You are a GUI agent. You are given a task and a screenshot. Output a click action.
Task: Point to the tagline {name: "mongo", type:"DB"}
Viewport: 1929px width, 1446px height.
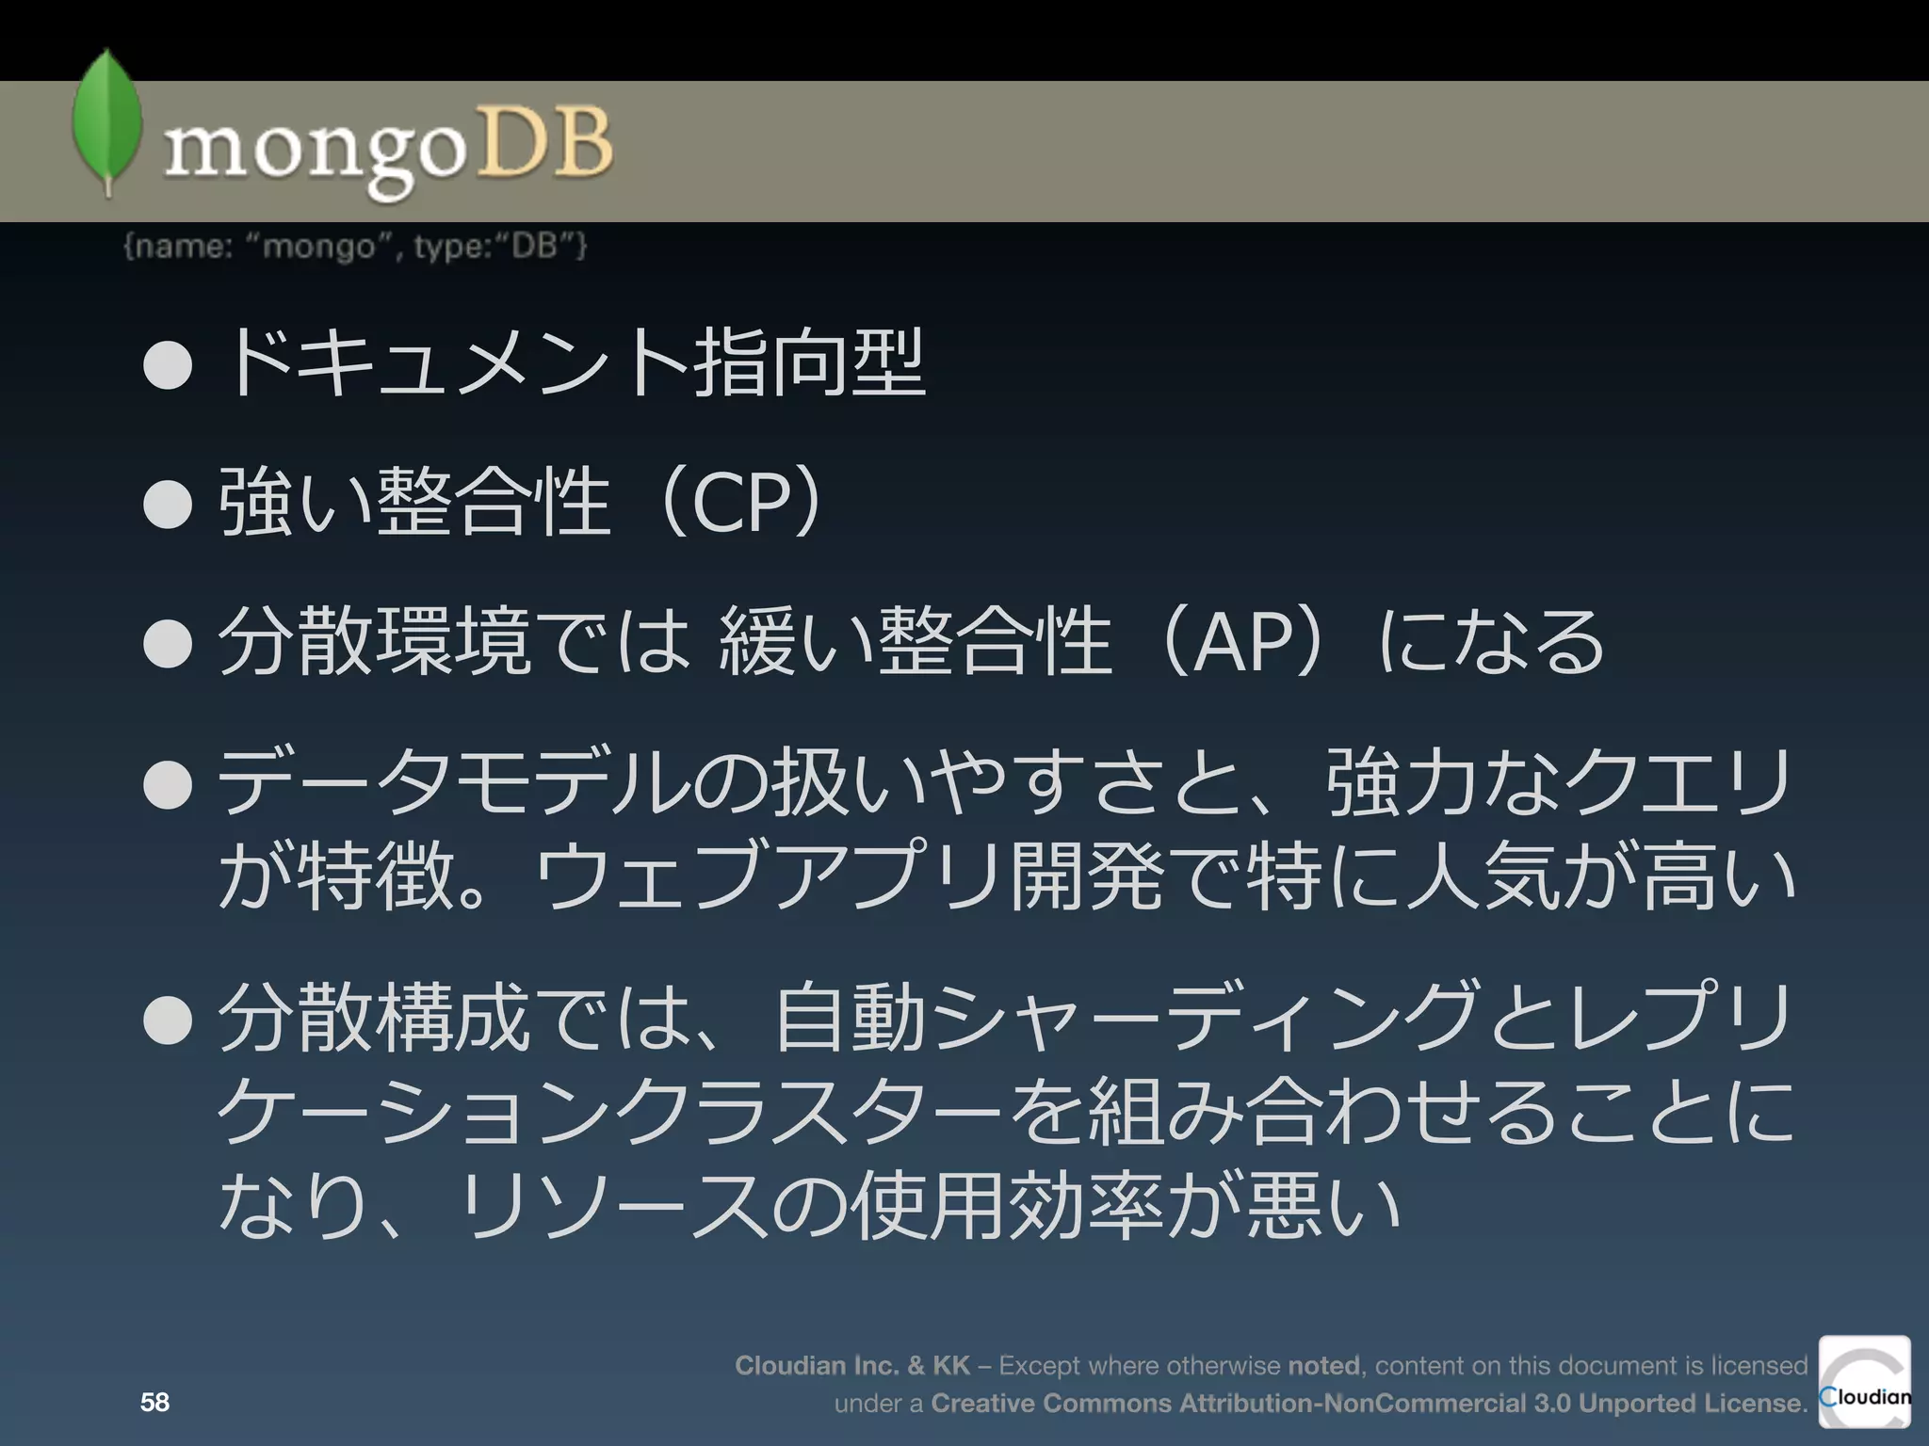[x=355, y=247]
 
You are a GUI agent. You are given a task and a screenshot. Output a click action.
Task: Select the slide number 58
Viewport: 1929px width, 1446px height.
[x=154, y=1403]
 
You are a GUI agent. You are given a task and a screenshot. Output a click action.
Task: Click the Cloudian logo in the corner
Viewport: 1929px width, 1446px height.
[x=1864, y=1382]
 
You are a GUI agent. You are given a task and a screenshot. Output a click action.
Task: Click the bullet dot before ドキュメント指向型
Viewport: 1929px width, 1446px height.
[x=169, y=366]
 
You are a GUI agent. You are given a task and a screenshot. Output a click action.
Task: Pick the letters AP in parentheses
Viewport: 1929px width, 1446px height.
[x=1242, y=643]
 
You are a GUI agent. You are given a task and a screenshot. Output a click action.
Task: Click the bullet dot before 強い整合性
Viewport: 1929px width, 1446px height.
[x=169, y=505]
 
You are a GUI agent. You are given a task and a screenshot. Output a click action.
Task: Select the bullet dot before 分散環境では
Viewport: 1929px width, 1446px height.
[x=169, y=644]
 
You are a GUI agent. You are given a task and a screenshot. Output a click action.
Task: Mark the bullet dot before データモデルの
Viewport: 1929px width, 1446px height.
[x=169, y=784]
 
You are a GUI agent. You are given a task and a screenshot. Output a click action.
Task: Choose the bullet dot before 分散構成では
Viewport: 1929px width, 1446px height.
[x=169, y=1020]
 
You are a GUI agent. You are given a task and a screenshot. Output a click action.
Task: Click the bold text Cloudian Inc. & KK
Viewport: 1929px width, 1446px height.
[x=852, y=1366]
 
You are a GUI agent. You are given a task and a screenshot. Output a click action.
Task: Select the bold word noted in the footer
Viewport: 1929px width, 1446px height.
[x=1323, y=1366]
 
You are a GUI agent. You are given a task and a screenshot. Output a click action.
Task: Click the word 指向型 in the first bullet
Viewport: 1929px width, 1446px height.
[x=810, y=365]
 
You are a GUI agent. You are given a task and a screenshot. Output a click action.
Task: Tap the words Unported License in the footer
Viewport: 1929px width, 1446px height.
[x=1691, y=1404]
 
